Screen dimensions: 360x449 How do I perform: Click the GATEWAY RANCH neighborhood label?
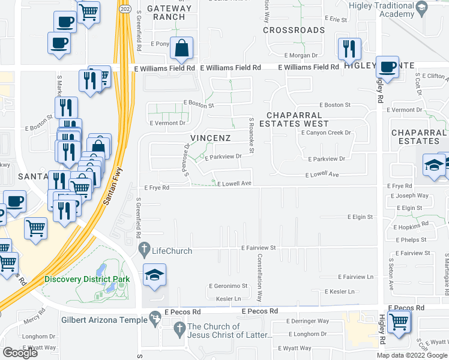[x=170, y=13]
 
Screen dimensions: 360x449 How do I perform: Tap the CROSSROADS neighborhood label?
[x=294, y=30]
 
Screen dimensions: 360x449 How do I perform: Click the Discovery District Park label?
[x=87, y=280]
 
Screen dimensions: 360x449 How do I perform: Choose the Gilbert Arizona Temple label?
[x=104, y=320]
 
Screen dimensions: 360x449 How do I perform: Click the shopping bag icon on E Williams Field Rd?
[x=181, y=48]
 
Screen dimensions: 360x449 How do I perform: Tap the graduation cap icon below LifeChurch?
[x=155, y=276]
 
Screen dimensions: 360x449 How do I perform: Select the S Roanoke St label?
[x=252, y=135]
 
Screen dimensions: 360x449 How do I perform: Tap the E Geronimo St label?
[x=228, y=286]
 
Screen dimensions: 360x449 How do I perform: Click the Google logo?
[x=20, y=352]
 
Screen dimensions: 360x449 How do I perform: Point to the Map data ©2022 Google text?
[x=411, y=355]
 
